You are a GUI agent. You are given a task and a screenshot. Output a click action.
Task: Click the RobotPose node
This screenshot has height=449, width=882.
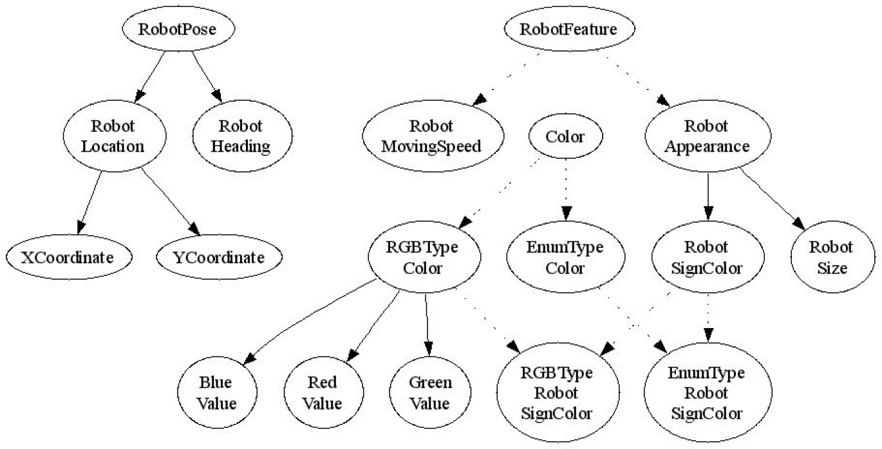click(x=178, y=28)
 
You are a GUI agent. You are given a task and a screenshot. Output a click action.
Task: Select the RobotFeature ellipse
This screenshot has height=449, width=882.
click(x=569, y=28)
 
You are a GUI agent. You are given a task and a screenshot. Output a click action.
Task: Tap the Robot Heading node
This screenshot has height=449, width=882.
click(x=242, y=136)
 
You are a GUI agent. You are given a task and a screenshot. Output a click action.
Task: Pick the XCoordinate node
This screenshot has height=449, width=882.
click(x=69, y=257)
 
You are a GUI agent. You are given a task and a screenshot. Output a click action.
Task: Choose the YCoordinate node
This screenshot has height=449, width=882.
click(x=219, y=257)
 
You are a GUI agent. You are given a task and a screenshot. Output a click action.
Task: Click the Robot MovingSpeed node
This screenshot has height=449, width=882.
click(x=433, y=136)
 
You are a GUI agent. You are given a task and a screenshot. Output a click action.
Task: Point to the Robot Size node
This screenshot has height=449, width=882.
click(x=832, y=257)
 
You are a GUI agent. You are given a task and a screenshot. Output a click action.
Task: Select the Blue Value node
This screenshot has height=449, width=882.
click(x=217, y=392)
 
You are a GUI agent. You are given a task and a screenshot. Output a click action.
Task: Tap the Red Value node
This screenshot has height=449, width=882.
click(x=324, y=392)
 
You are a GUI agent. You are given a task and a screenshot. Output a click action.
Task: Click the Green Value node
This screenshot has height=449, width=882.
click(x=430, y=392)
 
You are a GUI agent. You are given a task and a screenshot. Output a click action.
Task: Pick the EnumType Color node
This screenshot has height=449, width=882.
click(x=565, y=257)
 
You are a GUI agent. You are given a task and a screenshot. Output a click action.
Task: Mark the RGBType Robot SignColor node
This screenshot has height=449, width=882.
click(x=558, y=392)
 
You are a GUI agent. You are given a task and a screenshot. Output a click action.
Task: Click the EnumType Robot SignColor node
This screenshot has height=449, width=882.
click(x=708, y=392)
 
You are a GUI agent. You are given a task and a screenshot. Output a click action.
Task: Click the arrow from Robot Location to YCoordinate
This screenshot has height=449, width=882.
click(x=171, y=201)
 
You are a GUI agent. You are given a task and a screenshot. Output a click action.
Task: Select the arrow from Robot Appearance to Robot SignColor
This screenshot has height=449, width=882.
click(x=708, y=196)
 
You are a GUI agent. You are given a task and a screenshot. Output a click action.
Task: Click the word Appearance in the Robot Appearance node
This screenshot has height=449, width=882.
click(x=707, y=147)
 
